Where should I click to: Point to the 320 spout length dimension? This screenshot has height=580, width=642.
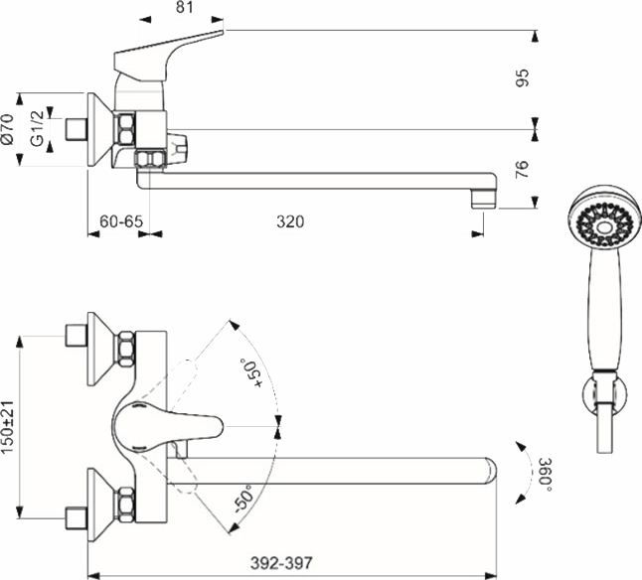tap(289, 220)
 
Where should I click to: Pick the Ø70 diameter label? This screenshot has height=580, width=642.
tap(9, 130)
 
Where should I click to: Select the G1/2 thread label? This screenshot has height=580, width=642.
tap(37, 130)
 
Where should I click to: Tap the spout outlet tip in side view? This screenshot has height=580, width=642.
tap(482, 195)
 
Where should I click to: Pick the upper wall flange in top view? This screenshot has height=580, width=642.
tap(100, 347)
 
